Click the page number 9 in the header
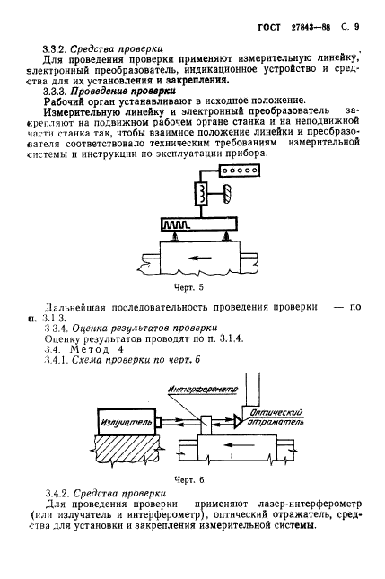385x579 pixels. pos(369,13)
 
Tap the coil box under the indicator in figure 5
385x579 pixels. pos(203,193)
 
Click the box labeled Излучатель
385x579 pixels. pos(119,418)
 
